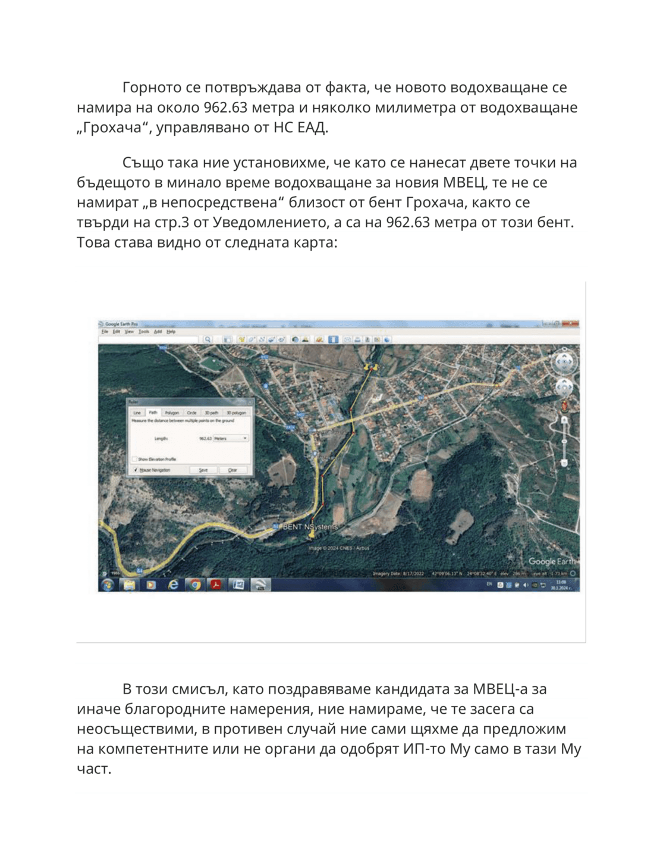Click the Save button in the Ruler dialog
point(203,470)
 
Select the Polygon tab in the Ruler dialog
point(172,413)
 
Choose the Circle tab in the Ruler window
point(191,413)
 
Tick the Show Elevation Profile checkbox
point(135,460)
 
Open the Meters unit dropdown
point(230,439)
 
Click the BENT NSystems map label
point(310,527)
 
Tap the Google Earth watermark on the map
point(551,561)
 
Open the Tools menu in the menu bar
point(144,332)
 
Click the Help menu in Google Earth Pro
point(171,332)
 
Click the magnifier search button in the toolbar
point(208,339)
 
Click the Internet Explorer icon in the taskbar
point(173,585)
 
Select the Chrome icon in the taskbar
point(194,585)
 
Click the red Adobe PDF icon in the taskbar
point(216,585)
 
